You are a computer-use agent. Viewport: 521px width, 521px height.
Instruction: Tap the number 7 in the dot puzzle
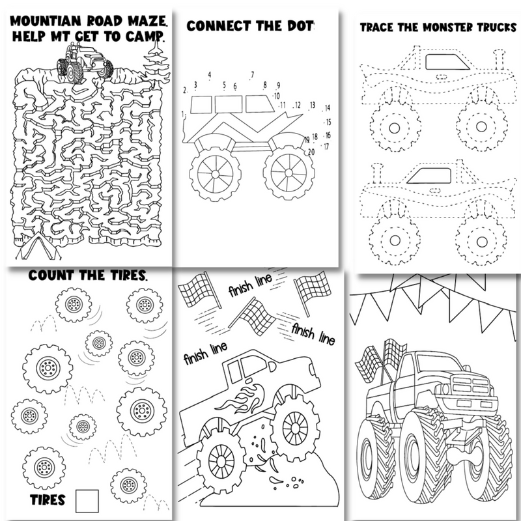[x=252, y=74]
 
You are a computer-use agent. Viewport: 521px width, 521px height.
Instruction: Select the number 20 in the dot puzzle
[x=311, y=151]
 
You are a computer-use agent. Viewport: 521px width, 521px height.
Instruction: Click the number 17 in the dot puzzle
[x=326, y=147]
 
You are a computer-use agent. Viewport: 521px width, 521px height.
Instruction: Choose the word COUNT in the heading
[x=51, y=276]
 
